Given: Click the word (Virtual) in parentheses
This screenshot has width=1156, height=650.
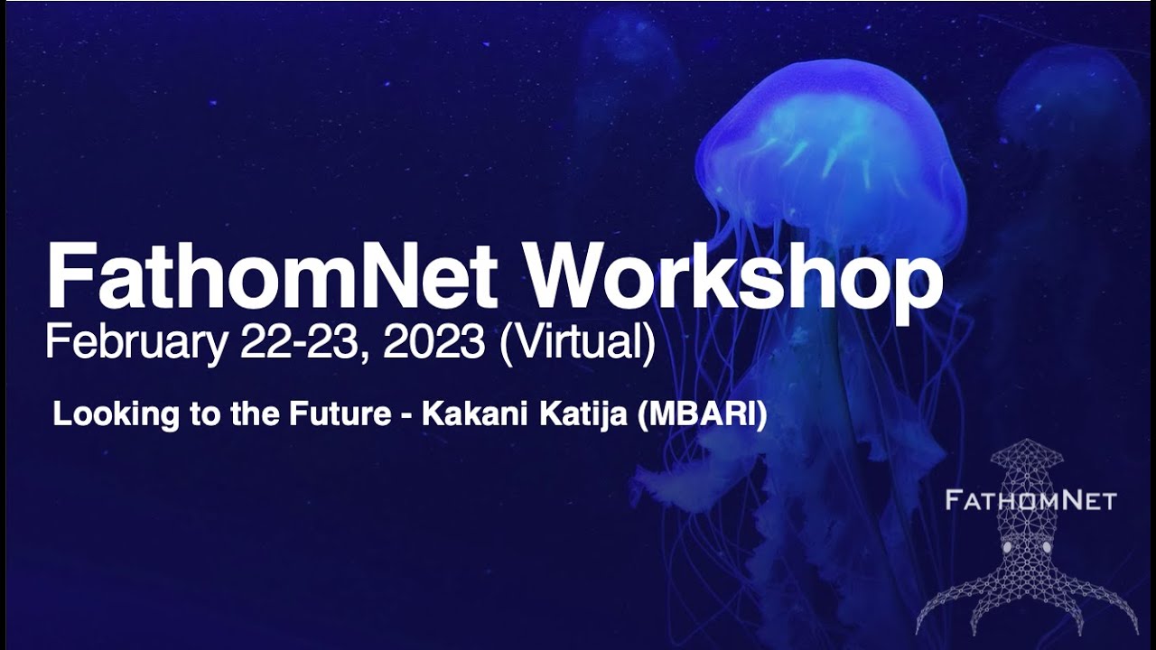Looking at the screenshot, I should [577, 343].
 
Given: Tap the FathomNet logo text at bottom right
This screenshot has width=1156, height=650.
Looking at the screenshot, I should [1030, 500].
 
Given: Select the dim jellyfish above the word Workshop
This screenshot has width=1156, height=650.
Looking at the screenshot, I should [632, 54].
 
